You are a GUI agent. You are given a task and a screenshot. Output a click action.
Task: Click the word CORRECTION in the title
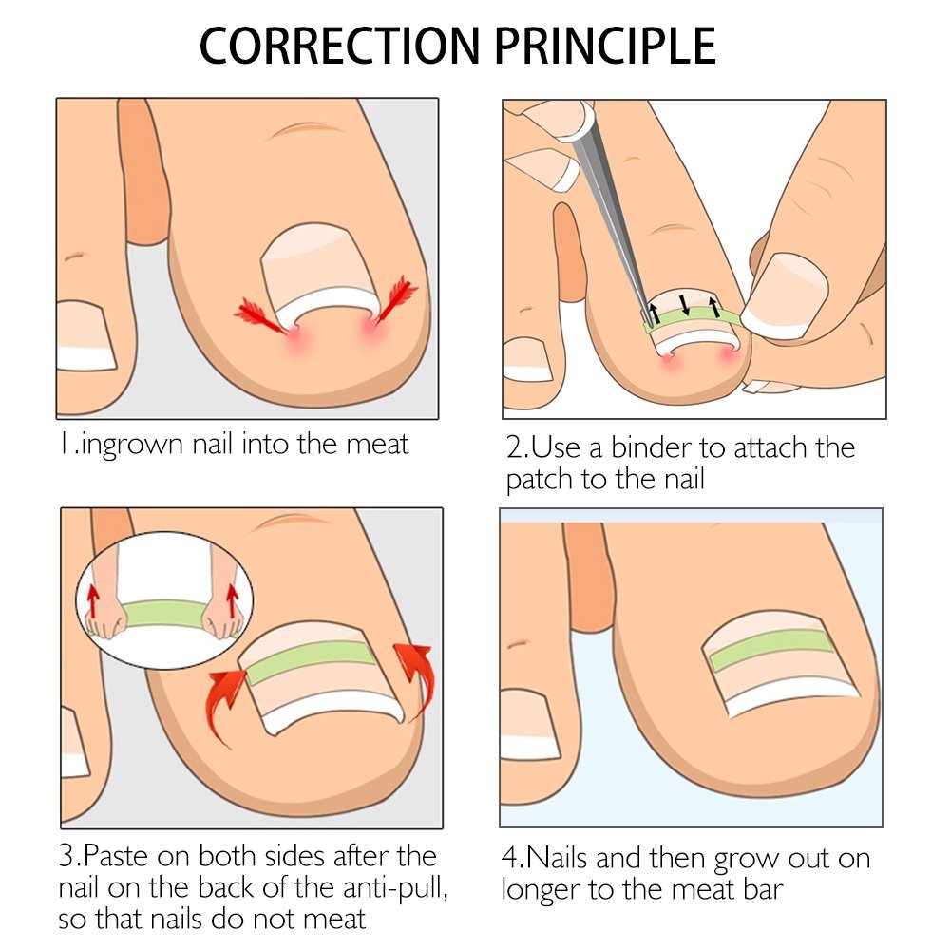(337, 46)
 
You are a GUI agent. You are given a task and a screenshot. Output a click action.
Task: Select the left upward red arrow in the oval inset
(94, 598)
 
